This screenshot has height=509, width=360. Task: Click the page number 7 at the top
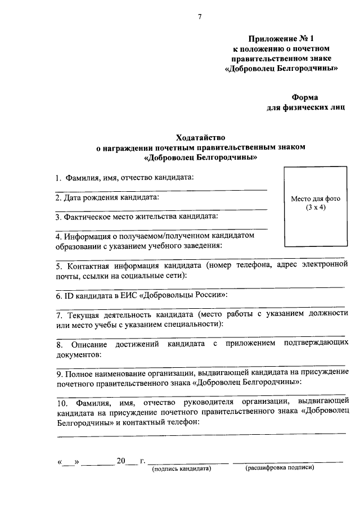(x=199, y=17)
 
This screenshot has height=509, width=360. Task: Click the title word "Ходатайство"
(x=200, y=137)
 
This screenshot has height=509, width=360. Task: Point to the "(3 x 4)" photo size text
(x=316, y=208)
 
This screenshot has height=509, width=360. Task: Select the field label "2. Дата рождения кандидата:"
(x=107, y=197)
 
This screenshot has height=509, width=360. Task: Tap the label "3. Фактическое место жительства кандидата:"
(x=137, y=216)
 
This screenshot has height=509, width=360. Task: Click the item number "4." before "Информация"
(x=59, y=236)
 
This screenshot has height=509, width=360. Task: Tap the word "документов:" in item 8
(x=79, y=354)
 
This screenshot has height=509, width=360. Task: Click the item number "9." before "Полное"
(x=59, y=373)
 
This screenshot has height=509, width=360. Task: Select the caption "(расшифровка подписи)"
(x=279, y=467)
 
